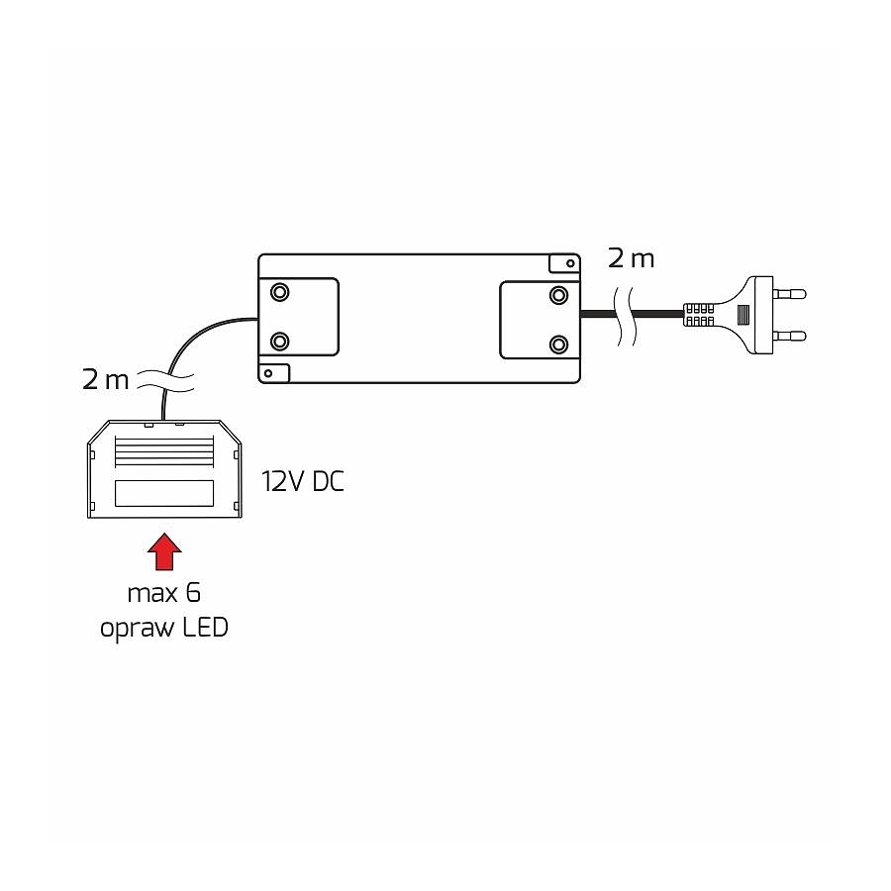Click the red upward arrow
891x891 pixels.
(164, 551)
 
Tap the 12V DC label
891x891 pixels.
(303, 482)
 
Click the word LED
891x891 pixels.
(205, 628)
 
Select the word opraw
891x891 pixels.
(137, 630)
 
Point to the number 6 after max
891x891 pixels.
(193, 593)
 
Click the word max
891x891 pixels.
(152, 595)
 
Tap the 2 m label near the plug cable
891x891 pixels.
(631, 258)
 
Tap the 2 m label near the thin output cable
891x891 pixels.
(105, 379)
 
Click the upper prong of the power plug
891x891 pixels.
(790, 294)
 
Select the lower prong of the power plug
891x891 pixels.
(790, 336)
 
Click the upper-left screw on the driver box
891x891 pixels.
(279, 292)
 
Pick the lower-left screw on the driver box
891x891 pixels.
(279, 342)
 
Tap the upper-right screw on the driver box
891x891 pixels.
(558, 295)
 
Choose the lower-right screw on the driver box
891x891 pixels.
(558, 345)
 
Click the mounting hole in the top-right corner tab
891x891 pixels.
(570, 263)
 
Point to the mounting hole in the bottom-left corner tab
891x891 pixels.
(268, 373)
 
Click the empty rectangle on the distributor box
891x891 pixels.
(164, 493)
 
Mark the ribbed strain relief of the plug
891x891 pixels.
(698, 314)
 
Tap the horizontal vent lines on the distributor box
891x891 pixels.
(164, 451)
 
